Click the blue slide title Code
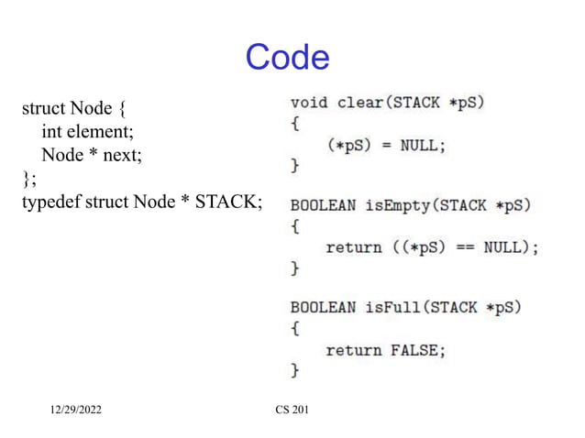287,58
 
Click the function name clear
359,102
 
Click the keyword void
309,102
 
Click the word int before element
51,133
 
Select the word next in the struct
122,155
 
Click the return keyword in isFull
353,349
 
